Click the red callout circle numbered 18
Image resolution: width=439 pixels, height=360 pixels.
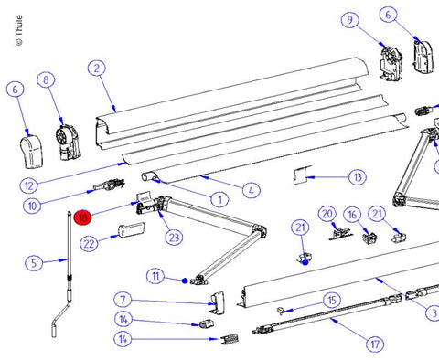click(83, 217)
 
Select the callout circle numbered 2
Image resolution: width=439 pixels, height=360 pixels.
click(97, 69)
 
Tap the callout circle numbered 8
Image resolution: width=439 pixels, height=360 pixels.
click(46, 80)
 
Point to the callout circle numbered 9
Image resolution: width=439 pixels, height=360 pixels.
click(350, 20)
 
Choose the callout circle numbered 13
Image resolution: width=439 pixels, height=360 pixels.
click(358, 177)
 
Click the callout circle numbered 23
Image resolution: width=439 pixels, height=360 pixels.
click(174, 238)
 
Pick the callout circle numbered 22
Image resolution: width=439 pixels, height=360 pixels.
click(89, 244)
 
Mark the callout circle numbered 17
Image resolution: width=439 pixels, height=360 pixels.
click(375, 344)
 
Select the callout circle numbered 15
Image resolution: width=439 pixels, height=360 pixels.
click(332, 301)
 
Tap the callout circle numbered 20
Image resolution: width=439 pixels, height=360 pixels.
click(327, 214)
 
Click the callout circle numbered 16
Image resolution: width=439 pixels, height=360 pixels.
click(352, 215)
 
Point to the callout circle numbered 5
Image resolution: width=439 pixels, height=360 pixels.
click(34, 263)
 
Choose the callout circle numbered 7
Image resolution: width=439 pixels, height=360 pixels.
click(123, 300)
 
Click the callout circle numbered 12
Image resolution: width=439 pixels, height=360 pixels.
click(29, 185)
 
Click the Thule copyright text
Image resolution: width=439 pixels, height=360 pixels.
click(19, 30)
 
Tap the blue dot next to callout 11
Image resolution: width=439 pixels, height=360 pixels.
click(185, 281)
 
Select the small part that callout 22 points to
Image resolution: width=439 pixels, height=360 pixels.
click(131, 230)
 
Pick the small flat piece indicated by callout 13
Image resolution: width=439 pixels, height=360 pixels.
click(303, 175)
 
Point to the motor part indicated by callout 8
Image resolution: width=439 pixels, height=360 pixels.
click(69, 143)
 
